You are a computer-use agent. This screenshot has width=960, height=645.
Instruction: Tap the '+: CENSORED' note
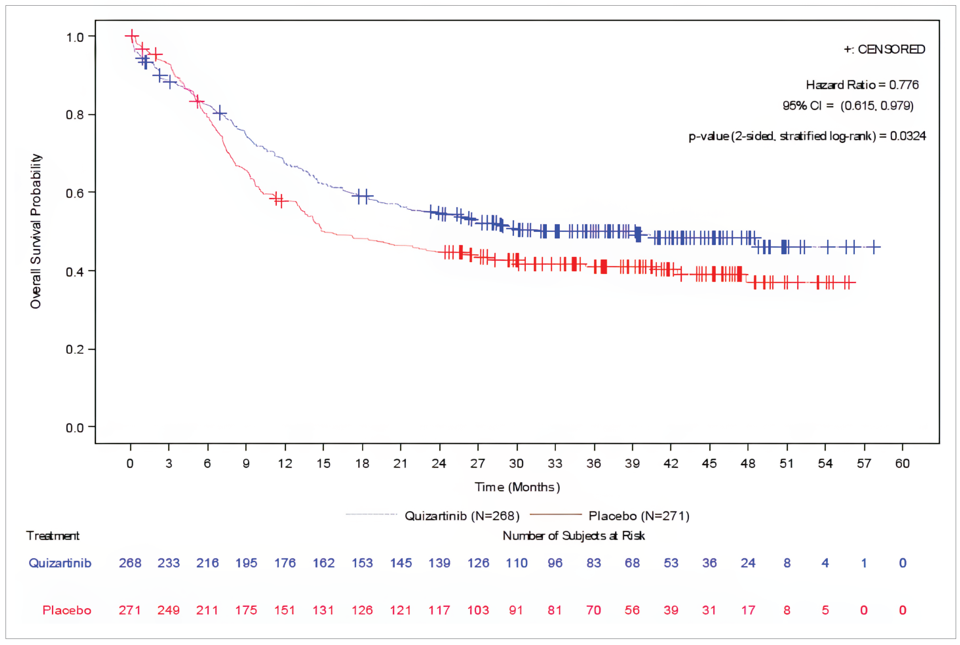(884, 49)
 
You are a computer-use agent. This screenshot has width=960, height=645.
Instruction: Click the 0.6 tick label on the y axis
(75, 192)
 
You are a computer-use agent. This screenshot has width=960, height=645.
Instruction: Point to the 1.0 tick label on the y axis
(75, 37)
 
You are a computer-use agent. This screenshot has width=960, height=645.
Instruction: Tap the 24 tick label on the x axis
(439, 464)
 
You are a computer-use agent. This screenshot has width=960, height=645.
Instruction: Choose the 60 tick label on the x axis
(902, 464)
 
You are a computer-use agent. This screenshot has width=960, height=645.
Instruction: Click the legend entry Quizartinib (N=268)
(462, 515)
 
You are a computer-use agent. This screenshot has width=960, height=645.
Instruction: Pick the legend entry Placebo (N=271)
(638, 515)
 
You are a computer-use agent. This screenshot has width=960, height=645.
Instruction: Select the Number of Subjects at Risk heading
(573, 536)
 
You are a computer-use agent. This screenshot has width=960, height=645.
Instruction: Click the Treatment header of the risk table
(53, 536)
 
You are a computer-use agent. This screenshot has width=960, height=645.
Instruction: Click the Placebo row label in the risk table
(67, 610)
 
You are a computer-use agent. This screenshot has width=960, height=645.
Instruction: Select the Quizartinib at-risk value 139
(439, 563)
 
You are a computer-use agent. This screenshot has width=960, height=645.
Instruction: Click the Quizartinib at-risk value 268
(130, 563)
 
